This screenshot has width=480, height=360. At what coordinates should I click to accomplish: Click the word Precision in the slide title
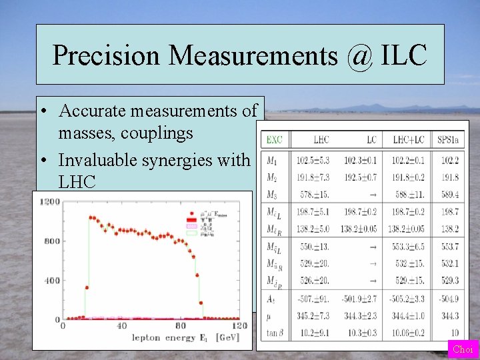107,55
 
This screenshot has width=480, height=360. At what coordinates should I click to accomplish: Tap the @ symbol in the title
360,55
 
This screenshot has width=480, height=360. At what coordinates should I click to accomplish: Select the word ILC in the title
403,55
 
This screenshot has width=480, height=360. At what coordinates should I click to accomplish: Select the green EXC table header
274,140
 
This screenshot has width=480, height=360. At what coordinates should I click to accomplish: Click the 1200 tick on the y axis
50,202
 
